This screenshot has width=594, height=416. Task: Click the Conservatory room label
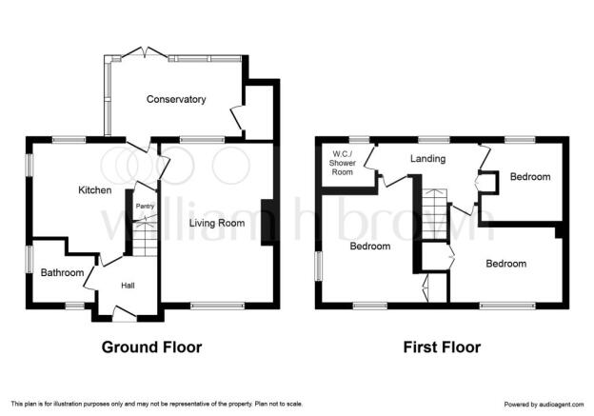point(176,99)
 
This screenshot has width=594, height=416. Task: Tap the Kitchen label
point(94,189)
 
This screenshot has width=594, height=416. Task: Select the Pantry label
point(145,207)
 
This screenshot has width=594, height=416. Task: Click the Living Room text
point(217,223)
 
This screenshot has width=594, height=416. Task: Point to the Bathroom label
point(62,273)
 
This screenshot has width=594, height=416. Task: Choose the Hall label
point(128,286)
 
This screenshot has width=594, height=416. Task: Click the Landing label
point(427,158)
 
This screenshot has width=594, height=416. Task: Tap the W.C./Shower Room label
point(343,163)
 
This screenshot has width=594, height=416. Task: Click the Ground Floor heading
point(151,347)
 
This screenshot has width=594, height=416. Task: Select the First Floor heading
point(442,347)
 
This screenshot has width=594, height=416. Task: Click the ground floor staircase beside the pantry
point(145,237)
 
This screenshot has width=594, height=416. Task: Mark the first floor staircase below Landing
point(434,214)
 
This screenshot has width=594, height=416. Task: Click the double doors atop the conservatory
point(145,52)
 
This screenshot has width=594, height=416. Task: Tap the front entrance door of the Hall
point(125,314)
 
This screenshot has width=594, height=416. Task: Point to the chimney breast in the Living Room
point(267,223)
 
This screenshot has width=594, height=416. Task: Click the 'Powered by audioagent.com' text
point(544,405)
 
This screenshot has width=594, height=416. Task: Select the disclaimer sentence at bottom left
point(157,405)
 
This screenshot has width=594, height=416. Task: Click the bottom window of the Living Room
point(217,306)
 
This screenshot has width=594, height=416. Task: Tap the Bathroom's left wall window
point(30,260)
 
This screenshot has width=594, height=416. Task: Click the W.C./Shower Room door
point(369,156)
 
